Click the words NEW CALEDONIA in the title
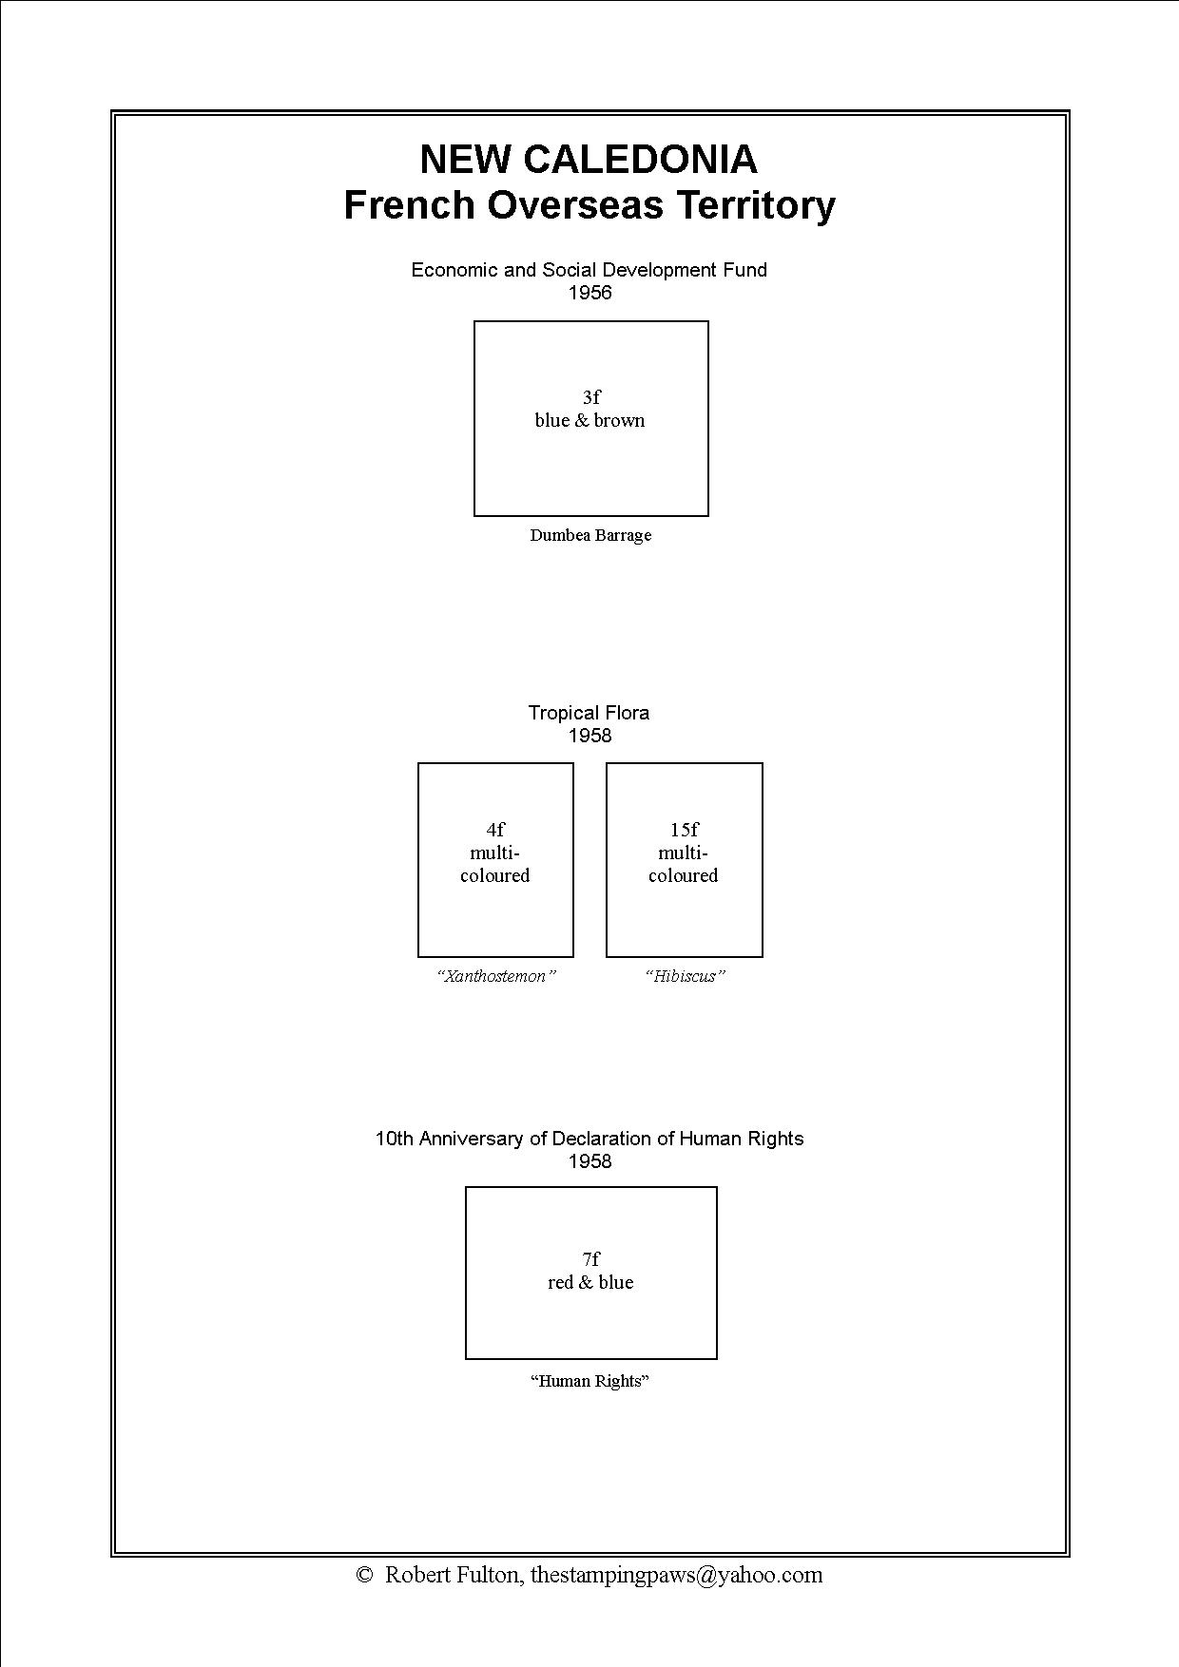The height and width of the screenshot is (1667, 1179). coord(589,159)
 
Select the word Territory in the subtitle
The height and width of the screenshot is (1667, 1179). coord(756,205)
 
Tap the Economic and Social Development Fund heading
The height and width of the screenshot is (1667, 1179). coord(589,270)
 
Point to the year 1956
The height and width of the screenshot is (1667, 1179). coord(589,293)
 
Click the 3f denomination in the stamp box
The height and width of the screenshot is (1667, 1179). coord(591,397)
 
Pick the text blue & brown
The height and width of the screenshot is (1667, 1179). coord(589,420)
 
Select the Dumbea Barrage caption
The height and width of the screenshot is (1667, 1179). coord(590,535)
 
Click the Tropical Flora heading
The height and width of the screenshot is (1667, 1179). coord(589,713)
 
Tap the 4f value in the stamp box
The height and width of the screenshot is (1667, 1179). coord(495,830)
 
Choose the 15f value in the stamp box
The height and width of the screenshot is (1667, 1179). coord(685,830)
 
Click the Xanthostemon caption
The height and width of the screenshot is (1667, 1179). coord(495,976)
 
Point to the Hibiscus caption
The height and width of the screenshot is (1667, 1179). coord(685,976)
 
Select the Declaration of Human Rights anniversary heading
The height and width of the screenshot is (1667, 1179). coord(589,1139)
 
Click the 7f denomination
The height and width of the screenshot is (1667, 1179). coord(591,1259)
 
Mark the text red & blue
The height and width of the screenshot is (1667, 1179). coord(590,1282)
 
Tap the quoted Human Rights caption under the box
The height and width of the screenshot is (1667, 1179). coord(589,1381)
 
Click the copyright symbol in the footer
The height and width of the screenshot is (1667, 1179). coord(363,1576)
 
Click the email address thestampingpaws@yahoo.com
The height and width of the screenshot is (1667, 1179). coord(676,1576)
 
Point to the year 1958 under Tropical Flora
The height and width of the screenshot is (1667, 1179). coord(589,736)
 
